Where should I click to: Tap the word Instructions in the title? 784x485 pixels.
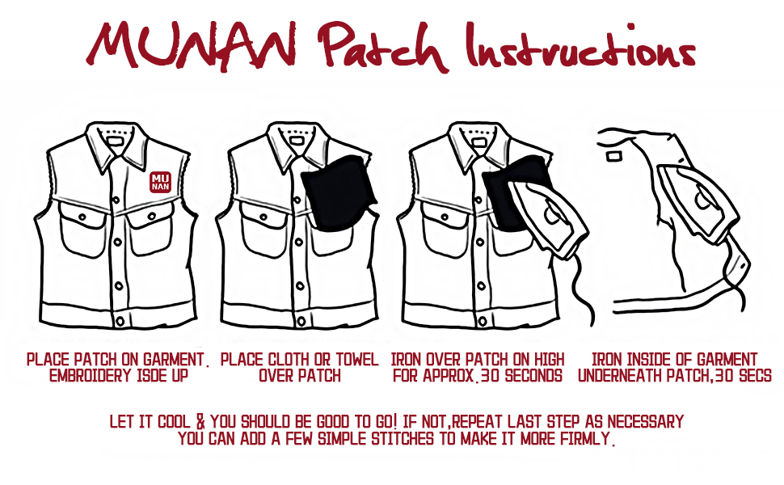click(580, 45)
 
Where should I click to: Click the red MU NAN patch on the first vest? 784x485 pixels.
click(161, 182)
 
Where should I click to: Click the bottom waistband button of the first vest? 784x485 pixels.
click(120, 320)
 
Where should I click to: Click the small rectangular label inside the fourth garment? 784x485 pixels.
click(613, 157)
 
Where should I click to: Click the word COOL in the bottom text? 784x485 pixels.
click(174, 421)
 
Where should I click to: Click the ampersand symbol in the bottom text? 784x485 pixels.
click(200, 421)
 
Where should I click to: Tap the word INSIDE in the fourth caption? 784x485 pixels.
click(650, 360)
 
